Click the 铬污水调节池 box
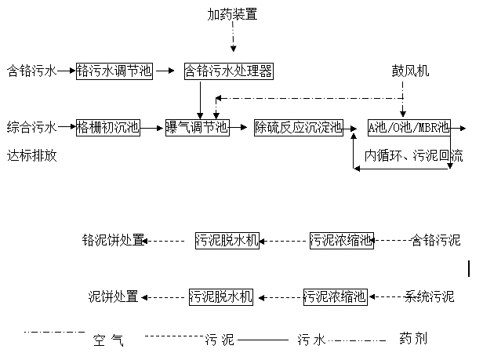click(114, 71)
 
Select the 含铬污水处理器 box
click(228, 71)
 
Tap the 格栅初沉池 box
click(107, 126)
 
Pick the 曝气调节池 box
click(197, 126)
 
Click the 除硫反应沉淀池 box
click(298, 126)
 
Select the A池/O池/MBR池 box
click(409, 126)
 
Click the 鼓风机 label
click(411, 71)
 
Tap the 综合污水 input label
click(31, 126)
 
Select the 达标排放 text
click(31, 155)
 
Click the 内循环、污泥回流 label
click(413, 155)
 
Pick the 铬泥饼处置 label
click(113, 240)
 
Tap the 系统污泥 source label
click(429, 296)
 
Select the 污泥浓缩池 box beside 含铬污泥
click(341, 240)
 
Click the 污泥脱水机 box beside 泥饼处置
click(221, 296)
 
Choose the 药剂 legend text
click(412, 340)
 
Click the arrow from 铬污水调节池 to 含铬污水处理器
click(165, 71)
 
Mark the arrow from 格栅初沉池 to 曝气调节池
click(151, 126)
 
